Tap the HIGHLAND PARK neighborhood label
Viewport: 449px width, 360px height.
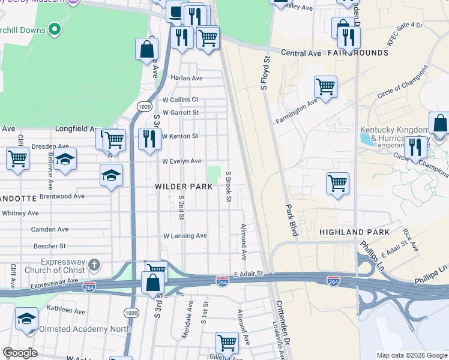(354, 232)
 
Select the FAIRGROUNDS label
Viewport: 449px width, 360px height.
(358, 53)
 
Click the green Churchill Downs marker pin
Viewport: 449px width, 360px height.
(55, 28)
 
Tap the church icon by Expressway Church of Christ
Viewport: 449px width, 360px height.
(94, 265)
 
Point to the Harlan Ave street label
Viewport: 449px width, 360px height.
(187, 78)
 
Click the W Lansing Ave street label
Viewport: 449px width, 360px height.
(185, 236)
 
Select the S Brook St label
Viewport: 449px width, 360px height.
(228, 187)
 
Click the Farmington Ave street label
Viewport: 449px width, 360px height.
(296, 112)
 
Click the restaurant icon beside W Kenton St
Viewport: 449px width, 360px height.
(148, 139)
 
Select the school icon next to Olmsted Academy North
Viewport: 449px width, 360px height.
(27, 317)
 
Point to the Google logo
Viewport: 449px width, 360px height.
(20, 353)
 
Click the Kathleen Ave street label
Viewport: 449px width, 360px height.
(65, 311)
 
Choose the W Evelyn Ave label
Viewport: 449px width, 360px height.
(182, 161)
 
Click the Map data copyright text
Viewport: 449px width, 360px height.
(411, 355)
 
